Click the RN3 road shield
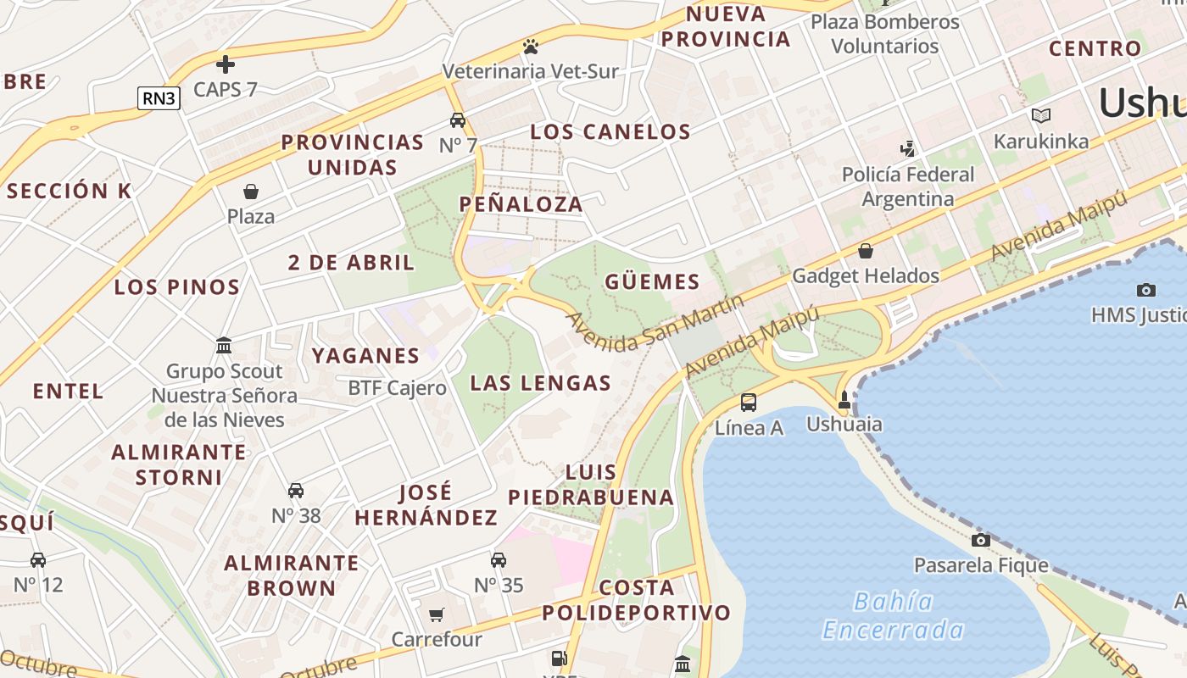point(159,98)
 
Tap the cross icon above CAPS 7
point(226,64)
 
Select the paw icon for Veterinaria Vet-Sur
point(531,46)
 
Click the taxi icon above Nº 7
point(458,120)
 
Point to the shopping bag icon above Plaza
point(251,192)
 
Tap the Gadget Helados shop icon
point(866,251)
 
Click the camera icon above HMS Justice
point(1146,290)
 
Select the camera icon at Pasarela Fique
point(981,540)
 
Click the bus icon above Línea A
point(749,403)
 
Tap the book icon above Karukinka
point(1041,115)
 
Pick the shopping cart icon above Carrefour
point(437,614)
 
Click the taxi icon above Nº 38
point(296,491)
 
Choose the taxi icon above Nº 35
point(499,560)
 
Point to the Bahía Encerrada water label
point(894,616)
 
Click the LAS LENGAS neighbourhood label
point(540,383)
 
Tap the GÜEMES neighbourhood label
point(652,282)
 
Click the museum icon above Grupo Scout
point(225,346)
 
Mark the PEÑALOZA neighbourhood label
point(521,203)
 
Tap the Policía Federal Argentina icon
point(908,149)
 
